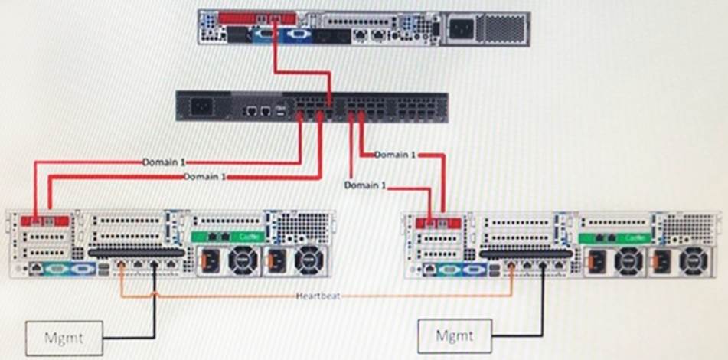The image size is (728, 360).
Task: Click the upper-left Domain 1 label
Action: pyautogui.click(x=165, y=162)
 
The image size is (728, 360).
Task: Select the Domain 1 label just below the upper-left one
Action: pyautogui.click(x=206, y=176)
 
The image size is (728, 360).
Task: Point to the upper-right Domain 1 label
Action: pyautogui.click(x=396, y=155)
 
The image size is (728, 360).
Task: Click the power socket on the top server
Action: pyautogui.click(x=461, y=29)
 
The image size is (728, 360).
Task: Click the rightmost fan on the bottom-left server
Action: pyautogui.click(x=309, y=260)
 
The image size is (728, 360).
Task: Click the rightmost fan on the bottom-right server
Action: pyautogui.click(x=692, y=260)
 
